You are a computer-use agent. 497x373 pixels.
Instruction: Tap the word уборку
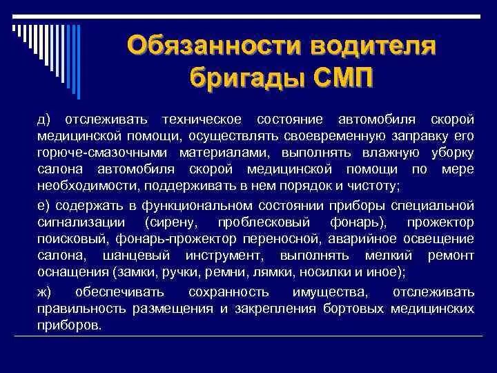(x=449, y=151)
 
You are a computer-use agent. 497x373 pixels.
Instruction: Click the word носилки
(x=322, y=272)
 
